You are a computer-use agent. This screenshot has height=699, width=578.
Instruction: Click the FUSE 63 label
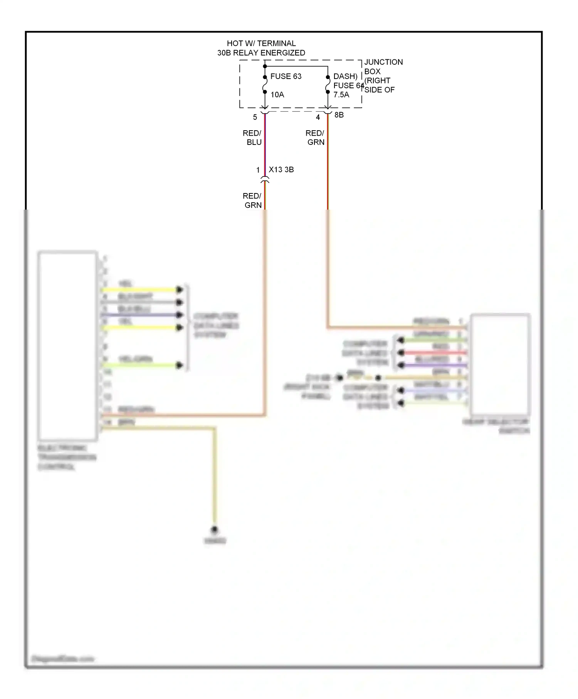pos(286,76)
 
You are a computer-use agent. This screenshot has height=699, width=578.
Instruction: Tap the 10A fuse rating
pos(277,95)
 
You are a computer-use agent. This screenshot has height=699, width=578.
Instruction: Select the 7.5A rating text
pos(341,95)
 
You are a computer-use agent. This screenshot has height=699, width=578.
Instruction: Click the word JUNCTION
pos(383,62)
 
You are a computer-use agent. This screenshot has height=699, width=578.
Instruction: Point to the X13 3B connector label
pos(281,170)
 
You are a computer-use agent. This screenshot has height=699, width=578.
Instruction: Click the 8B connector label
pos(339,115)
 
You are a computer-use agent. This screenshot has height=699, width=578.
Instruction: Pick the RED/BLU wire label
pos(252,138)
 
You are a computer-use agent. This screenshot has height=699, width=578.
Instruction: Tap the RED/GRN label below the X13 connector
pos(252,201)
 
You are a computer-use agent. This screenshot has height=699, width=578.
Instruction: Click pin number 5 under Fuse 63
pos(255,117)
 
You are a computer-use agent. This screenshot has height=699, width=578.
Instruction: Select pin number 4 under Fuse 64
pos(318,117)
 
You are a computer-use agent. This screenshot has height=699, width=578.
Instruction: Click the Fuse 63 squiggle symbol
pos(265,85)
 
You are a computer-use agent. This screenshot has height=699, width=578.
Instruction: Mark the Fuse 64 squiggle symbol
pos(328,85)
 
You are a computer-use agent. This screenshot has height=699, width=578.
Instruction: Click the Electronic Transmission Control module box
pos(67,346)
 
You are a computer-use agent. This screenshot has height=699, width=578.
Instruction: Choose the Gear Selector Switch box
pos(500,364)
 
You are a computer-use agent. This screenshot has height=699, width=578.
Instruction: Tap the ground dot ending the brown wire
pos(215,529)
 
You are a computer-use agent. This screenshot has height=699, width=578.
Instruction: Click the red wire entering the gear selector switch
pos(432,353)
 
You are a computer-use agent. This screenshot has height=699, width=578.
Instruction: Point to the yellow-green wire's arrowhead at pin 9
pos(180,365)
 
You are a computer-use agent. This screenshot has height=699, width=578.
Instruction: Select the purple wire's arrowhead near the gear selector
pos(401,365)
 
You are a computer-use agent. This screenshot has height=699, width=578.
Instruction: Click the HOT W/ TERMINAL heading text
pos(261,44)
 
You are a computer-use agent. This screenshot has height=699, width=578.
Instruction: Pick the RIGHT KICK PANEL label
pos(307,392)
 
